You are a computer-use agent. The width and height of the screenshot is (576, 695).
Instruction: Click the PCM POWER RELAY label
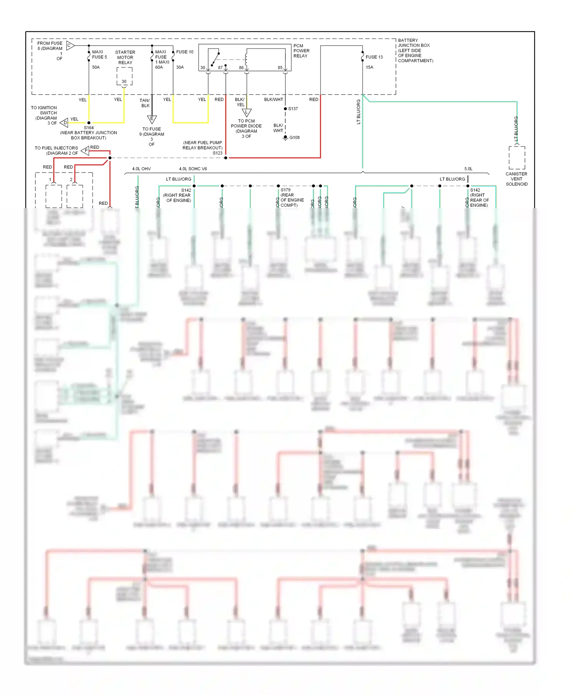301,51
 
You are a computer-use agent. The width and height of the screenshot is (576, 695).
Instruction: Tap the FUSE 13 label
374,57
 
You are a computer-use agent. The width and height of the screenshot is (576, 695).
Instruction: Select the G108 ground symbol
285,138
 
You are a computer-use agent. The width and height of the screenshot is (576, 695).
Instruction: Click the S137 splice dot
285,109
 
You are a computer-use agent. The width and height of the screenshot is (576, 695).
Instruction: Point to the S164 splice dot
89,123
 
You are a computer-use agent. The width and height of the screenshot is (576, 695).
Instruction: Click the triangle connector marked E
152,119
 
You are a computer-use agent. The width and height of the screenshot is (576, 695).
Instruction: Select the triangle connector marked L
247,113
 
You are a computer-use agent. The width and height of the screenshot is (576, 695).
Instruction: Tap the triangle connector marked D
65,123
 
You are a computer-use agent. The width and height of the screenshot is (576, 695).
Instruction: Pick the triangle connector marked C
70,45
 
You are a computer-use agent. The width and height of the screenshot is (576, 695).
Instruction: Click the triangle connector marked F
85,151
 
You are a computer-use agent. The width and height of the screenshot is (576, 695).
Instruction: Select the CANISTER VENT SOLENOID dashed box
517,158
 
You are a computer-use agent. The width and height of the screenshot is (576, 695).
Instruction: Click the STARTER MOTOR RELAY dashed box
124,76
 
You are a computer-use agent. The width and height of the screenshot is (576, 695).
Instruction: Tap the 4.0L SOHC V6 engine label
193,169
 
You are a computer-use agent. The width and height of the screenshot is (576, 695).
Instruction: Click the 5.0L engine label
468,169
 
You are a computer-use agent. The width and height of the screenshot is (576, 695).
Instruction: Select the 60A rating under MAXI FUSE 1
159,67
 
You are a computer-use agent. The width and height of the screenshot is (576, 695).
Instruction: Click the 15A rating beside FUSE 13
369,67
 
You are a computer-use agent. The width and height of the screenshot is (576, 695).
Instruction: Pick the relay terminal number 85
280,68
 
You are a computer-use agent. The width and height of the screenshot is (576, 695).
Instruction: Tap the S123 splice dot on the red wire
226,158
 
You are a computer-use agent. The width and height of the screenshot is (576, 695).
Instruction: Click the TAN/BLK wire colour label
145,103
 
